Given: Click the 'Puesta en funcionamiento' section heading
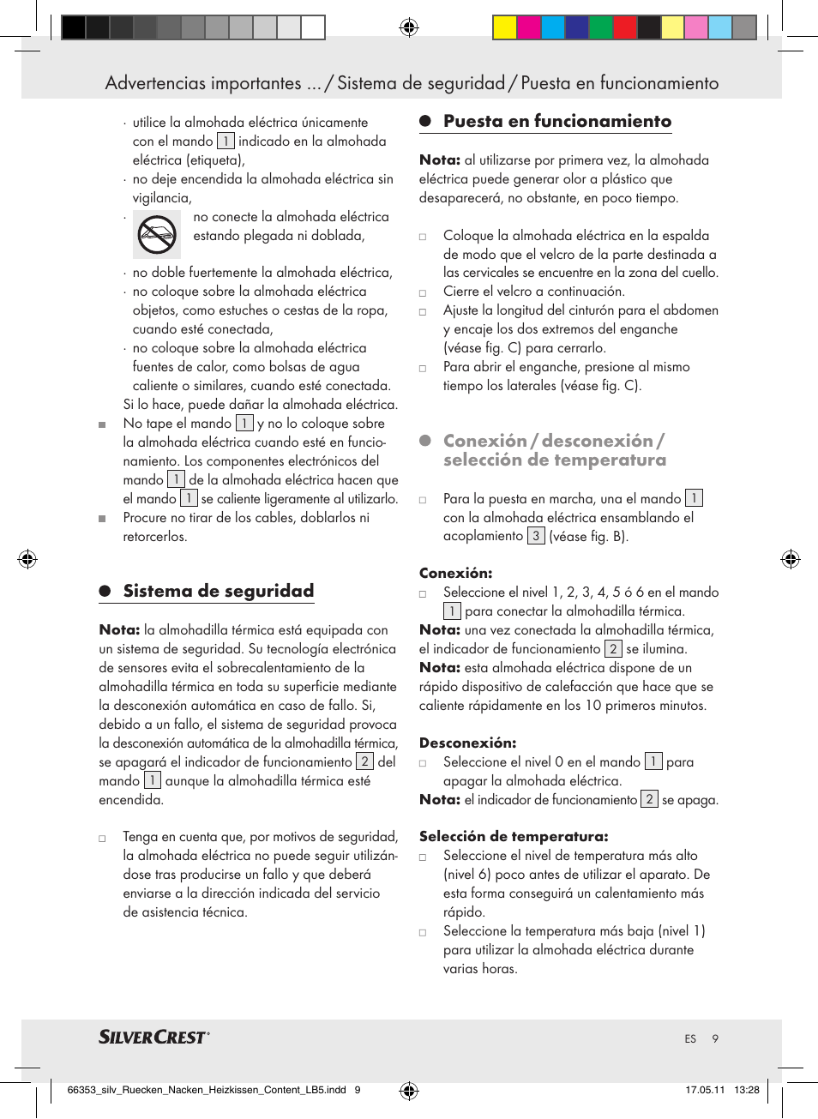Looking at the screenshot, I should (x=556, y=122).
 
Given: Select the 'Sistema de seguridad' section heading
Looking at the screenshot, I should (x=218, y=591).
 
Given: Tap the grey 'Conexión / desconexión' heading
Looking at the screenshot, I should (x=554, y=450).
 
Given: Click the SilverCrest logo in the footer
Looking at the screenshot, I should (x=153, y=1038).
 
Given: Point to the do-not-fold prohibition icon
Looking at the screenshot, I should (x=157, y=235).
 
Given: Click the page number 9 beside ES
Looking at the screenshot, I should (x=715, y=1038).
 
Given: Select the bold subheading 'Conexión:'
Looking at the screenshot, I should (x=455, y=573).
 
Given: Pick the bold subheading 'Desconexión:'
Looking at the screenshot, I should (x=467, y=743).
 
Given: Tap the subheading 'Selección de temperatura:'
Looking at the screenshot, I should (x=513, y=836).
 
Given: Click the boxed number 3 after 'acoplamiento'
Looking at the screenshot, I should (x=536, y=536).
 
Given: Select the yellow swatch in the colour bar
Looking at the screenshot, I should (x=504, y=28).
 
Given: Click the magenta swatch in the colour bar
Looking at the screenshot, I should (x=528, y=28).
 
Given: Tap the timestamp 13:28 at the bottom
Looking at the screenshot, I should (x=746, y=1090).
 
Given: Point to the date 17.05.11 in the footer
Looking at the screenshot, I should (x=704, y=1090).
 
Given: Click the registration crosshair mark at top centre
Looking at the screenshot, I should (x=409, y=27).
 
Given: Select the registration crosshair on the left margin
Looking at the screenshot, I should (x=27, y=560).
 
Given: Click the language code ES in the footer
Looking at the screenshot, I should (x=690, y=1038).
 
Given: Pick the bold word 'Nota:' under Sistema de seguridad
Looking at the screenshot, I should (x=119, y=630).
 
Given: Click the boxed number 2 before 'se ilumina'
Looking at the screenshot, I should (x=613, y=649).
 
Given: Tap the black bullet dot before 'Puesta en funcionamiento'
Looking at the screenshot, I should (x=424, y=122).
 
